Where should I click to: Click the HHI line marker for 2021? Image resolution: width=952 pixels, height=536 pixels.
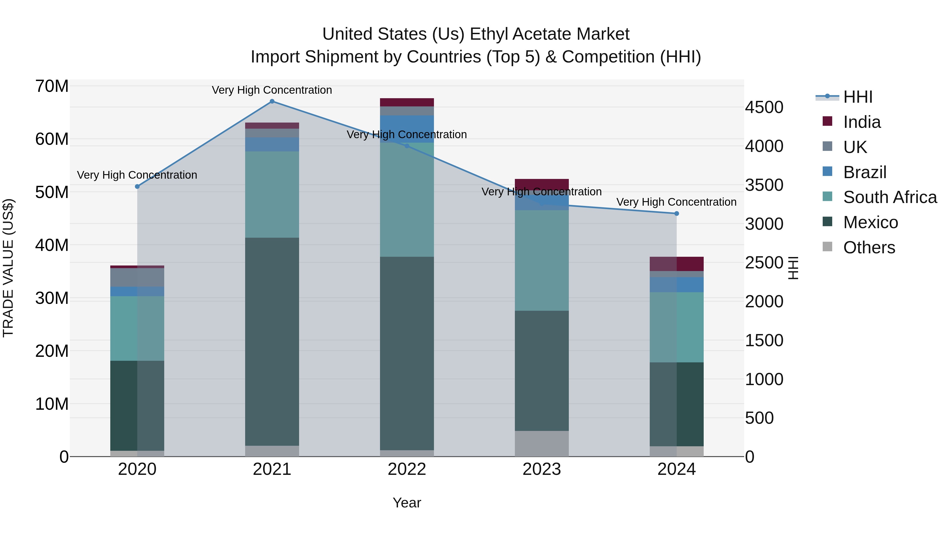click(272, 101)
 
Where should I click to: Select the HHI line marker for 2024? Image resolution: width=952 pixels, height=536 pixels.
click(677, 213)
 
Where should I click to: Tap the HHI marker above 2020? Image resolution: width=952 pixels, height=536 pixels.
click(137, 186)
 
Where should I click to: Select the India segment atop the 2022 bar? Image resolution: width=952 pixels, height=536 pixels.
click(407, 102)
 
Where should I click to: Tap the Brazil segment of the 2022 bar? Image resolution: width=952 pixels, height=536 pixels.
click(407, 129)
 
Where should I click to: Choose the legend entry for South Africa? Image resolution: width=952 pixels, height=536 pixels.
click(890, 197)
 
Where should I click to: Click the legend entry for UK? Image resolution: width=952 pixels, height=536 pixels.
click(855, 147)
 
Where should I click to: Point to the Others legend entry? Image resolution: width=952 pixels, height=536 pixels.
click(869, 247)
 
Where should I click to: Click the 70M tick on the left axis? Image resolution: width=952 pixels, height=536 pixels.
click(52, 86)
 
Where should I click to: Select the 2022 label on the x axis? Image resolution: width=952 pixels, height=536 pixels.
click(407, 469)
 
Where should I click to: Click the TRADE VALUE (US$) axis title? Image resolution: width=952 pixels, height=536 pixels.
click(8, 268)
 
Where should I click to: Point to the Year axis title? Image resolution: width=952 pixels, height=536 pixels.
click(407, 503)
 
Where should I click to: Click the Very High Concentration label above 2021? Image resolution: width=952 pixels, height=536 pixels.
click(272, 90)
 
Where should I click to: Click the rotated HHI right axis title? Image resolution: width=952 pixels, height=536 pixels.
click(793, 268)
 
